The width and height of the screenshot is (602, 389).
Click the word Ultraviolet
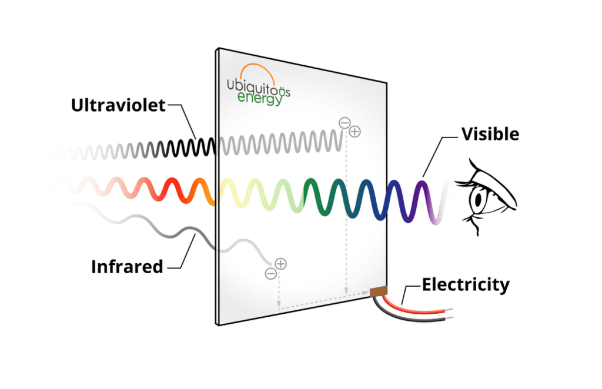pos(118,105)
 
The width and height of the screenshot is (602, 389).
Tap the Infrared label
pos(127,267)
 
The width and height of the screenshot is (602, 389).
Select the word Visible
pos(490,135)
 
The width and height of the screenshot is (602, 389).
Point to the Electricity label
pos(466,285)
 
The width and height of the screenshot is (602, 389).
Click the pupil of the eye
pos(479,200)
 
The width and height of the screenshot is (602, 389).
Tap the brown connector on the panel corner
pos(378,291)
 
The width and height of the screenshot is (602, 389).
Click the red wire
pos(414,306)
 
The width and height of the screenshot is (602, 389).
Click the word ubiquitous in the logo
pos(259,87)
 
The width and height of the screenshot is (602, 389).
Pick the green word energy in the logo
pos(260,98)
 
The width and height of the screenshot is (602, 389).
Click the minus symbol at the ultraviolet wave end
pos(345,123)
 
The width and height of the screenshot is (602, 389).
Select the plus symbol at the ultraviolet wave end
pos(354,132)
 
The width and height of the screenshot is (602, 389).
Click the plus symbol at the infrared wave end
pos(280,264)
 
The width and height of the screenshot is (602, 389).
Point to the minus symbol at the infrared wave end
pos(270,273)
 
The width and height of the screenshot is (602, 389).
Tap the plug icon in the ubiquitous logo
pos(283,92)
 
